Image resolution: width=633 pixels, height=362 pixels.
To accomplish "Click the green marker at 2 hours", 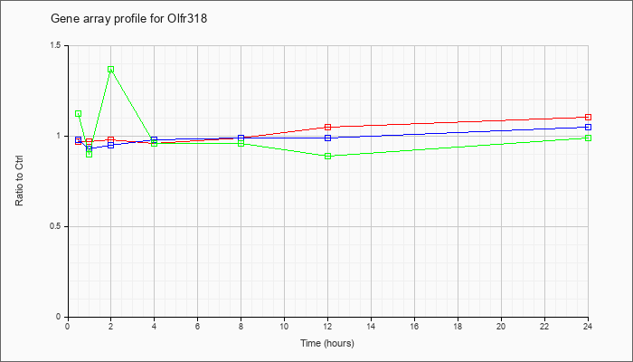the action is click(x=110, y=70).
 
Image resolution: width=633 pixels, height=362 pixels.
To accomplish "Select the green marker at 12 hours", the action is click(x=327, y=156).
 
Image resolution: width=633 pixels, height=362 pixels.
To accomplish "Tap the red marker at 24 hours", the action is click(x=588, y=117).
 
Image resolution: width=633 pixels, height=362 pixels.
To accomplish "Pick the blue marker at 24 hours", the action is click(x=588, y=127).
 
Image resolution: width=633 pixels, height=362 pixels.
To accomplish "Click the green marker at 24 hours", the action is click(x=588, y=138).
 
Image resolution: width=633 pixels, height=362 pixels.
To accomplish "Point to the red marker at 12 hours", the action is click(x=327, y=127).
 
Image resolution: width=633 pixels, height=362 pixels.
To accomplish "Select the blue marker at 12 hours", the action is click(x=327, y=138).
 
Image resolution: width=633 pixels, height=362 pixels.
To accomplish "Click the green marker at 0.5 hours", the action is click(x=79, y=113).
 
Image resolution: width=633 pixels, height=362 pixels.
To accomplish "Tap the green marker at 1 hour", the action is click(x=90, y=154).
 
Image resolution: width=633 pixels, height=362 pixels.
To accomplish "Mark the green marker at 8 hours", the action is click(x=241, y=143).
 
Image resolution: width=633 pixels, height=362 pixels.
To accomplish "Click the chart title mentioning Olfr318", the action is click(x=128, y=19).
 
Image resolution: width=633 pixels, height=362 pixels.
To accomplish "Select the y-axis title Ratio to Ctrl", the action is click(x=19, y=180).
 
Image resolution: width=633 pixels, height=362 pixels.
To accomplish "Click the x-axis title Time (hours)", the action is click(x=327, y=343).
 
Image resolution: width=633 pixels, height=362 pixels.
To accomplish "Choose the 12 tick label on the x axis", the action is click(x=327, y=326).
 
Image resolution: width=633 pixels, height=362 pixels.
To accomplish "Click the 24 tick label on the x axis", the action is click(x=588, y=326).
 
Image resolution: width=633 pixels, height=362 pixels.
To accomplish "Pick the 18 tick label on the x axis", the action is click(x=458, y=326).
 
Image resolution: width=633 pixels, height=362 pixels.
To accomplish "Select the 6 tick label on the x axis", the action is click(x=197, y=326).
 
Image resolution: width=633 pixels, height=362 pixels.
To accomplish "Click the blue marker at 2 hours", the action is click(x=110, y=145).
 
